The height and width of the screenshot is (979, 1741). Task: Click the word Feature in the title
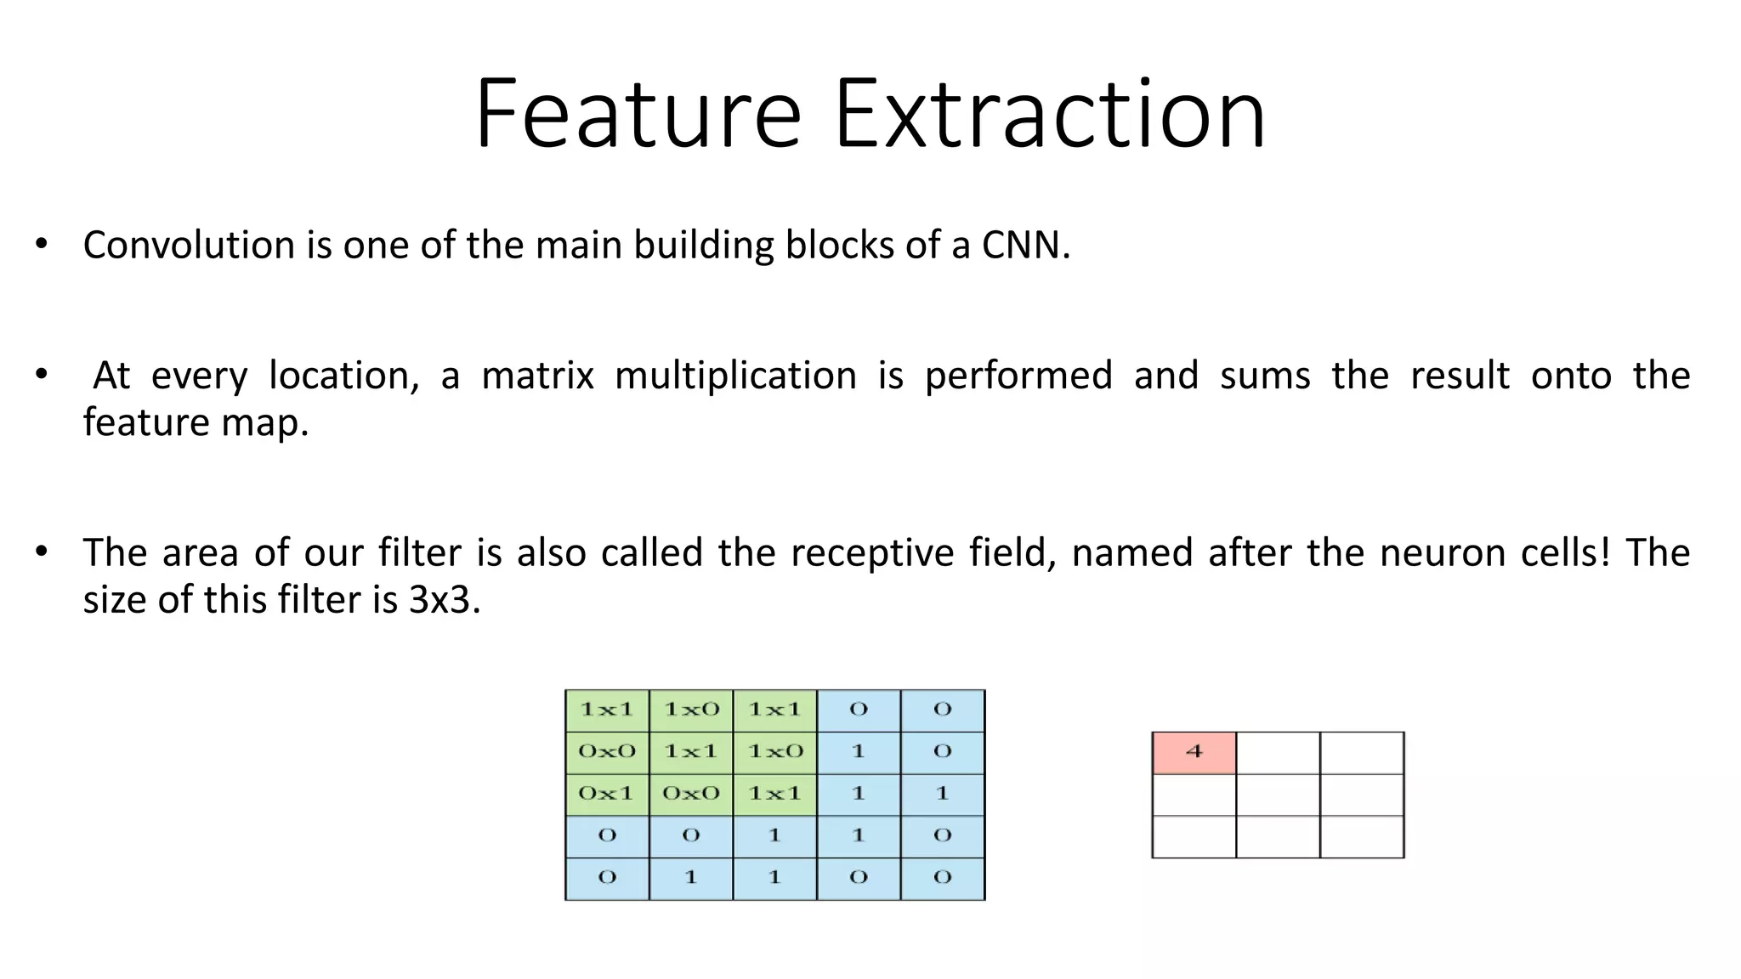(x=638, y=115)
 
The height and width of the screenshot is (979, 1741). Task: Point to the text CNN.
(x=1025, y=246)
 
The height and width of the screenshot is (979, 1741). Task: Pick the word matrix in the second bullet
(x=537, y=376)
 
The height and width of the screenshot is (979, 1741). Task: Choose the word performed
(x=1018, y=376)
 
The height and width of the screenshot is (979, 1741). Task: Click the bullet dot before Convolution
(x=42, y=245)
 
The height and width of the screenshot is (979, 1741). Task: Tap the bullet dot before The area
(x=42, y=552)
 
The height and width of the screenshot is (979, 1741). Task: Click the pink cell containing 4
(x=1194, y=752)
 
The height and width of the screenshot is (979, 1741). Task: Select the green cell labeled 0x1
(x=606, y=794)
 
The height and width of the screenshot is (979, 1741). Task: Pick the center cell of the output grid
(x=1278, y=795)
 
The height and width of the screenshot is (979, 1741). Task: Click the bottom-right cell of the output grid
(x=1362, y=837)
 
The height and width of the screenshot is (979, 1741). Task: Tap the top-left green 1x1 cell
(x=606, y=710)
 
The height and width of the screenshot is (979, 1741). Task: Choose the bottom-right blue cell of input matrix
(x=943, y=878)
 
